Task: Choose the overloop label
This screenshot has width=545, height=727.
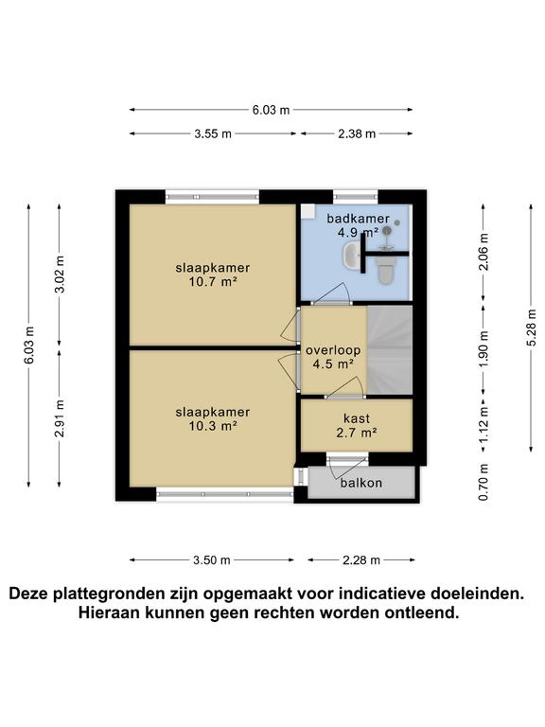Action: [x=329, y=350]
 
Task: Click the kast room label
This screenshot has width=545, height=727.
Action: [x=357, y=417]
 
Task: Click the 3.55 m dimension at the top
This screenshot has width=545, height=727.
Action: [x=213, y=133]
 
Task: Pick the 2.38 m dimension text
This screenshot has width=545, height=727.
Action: [x=357, y=133]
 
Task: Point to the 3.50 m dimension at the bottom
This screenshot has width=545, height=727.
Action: [x=212, y=560]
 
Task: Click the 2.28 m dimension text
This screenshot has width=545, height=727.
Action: [x=361, y=560]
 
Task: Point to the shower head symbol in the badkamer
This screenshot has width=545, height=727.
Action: [x=398, y=222]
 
